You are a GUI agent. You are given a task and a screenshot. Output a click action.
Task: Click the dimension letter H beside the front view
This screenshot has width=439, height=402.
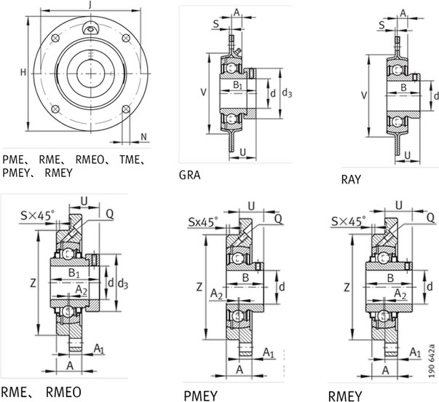(23, 72)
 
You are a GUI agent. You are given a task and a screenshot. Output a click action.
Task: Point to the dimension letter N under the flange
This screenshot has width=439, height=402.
(143, 136)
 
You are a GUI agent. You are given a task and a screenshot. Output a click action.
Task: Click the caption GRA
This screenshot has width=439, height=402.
(190, 175)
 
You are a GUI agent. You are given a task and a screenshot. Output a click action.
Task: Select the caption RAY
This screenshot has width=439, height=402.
(352, 178)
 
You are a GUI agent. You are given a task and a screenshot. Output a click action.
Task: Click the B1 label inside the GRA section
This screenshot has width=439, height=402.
(238, 86)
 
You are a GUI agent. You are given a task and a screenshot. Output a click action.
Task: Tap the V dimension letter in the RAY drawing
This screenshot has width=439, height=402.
(365, 95)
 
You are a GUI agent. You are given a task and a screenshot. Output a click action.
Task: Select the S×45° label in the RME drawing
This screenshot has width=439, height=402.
(36, 215)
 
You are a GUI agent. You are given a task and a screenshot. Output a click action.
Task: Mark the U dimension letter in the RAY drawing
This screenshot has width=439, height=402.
(408, 155)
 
